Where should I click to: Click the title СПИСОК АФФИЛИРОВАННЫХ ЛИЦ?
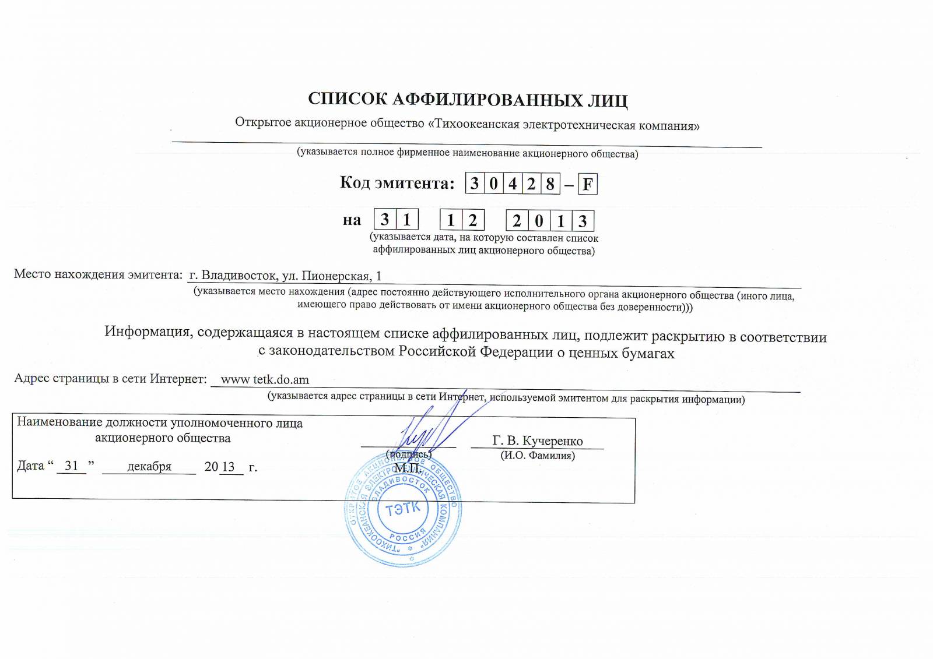(x=468, y=100)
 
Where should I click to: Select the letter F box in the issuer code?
(x=587, y=184)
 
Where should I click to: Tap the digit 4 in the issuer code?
(x=512, y=184)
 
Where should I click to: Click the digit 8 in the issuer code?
(x=549, y=184)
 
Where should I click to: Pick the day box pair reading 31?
(x=395, y=220)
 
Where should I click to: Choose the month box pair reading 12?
(x=461, y=220)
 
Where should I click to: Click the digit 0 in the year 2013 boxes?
(x=539, y=221)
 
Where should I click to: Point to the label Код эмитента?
(x=397, y=183)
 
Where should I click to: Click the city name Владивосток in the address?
(x=238, y=276)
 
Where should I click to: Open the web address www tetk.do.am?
(x=265, y=380)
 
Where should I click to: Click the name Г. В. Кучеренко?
(x=537, y=441)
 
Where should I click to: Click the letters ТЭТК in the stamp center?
(x=402, y=509)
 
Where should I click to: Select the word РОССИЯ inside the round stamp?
(x=407, y=537)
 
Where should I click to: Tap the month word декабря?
(x=149, y=467)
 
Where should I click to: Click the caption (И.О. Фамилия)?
(x=537, y=456)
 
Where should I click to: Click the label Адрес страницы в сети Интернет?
(x=110, y=379)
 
